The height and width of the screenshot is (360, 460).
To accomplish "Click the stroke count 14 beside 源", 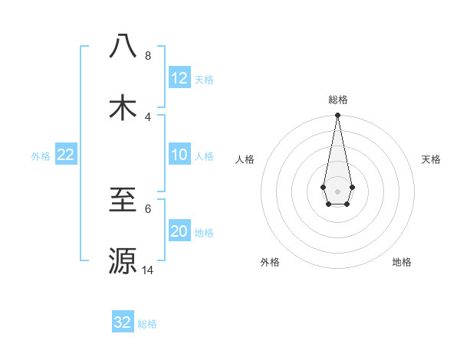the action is coord(147,270).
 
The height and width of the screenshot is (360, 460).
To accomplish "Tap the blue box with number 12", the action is coord(179,78).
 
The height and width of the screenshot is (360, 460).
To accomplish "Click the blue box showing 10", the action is coord(179,155).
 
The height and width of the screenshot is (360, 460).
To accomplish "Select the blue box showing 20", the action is coord(179,232).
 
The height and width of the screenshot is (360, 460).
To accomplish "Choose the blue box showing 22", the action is coord(66,155).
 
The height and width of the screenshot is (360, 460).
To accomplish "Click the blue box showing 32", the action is coord(123,322).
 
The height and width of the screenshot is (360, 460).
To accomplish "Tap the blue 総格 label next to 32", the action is coord(147,324).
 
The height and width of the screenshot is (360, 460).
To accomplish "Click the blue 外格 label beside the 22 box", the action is coord(41,156).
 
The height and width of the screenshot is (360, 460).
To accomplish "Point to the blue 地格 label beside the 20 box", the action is coord(204,233).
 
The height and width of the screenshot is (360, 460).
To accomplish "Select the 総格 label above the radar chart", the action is coord(337,100).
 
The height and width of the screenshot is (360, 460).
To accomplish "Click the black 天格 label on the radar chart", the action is coord(431,159).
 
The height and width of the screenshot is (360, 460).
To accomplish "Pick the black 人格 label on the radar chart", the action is coord(245,159).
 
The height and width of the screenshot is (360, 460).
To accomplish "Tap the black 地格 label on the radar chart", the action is coord(402,262).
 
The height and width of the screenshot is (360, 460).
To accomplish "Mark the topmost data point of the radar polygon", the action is coord(337,116).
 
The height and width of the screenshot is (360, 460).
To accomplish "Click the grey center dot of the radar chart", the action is coord(337,190).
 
